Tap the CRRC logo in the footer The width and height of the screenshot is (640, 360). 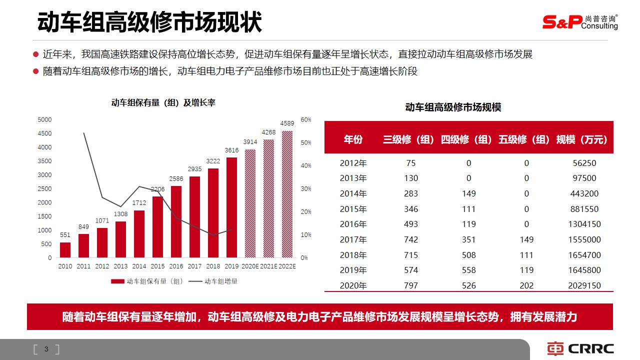coord(580,348)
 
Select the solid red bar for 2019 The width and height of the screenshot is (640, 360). coord(232,207)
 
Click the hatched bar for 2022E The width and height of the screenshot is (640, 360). coord(287,194)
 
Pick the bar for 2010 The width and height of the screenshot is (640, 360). coord(65,250)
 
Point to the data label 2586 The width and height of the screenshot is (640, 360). coord(176,178)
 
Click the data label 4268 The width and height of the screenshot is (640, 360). coord(269,132)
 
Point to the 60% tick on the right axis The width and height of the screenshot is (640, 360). coord(306,119)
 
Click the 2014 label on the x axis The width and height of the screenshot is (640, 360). coord(139,266)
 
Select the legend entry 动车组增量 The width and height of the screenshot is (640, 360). coord(220,281)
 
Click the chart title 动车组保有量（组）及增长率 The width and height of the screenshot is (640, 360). coord(163,103)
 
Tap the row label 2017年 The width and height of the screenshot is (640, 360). coord(353,239)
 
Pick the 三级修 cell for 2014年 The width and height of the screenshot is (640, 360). coord(411,193)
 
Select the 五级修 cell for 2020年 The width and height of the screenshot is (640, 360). coord(526,286)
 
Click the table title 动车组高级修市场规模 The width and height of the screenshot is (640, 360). coord(453,107)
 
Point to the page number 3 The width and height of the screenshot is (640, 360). coord(46,349)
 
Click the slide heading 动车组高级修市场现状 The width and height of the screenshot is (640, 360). coord(149,23)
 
